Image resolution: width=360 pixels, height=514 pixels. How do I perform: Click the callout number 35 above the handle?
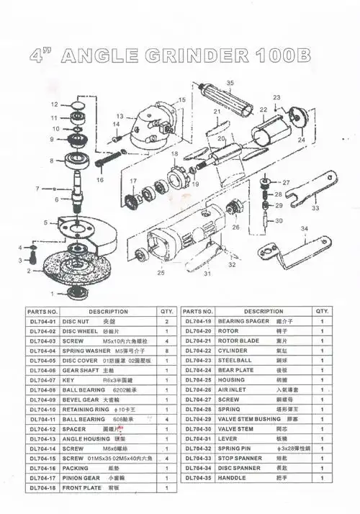coord(230,84)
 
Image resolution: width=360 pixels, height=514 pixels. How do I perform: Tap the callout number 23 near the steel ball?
coord(276,96)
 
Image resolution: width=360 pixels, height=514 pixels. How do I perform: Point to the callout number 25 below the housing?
coord(161,273)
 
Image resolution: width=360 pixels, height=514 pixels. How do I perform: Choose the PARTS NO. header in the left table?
coord(42,311)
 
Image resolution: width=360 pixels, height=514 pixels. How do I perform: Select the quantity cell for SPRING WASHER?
coord(167,351)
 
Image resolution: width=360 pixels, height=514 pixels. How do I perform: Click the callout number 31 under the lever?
coord(207,274)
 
